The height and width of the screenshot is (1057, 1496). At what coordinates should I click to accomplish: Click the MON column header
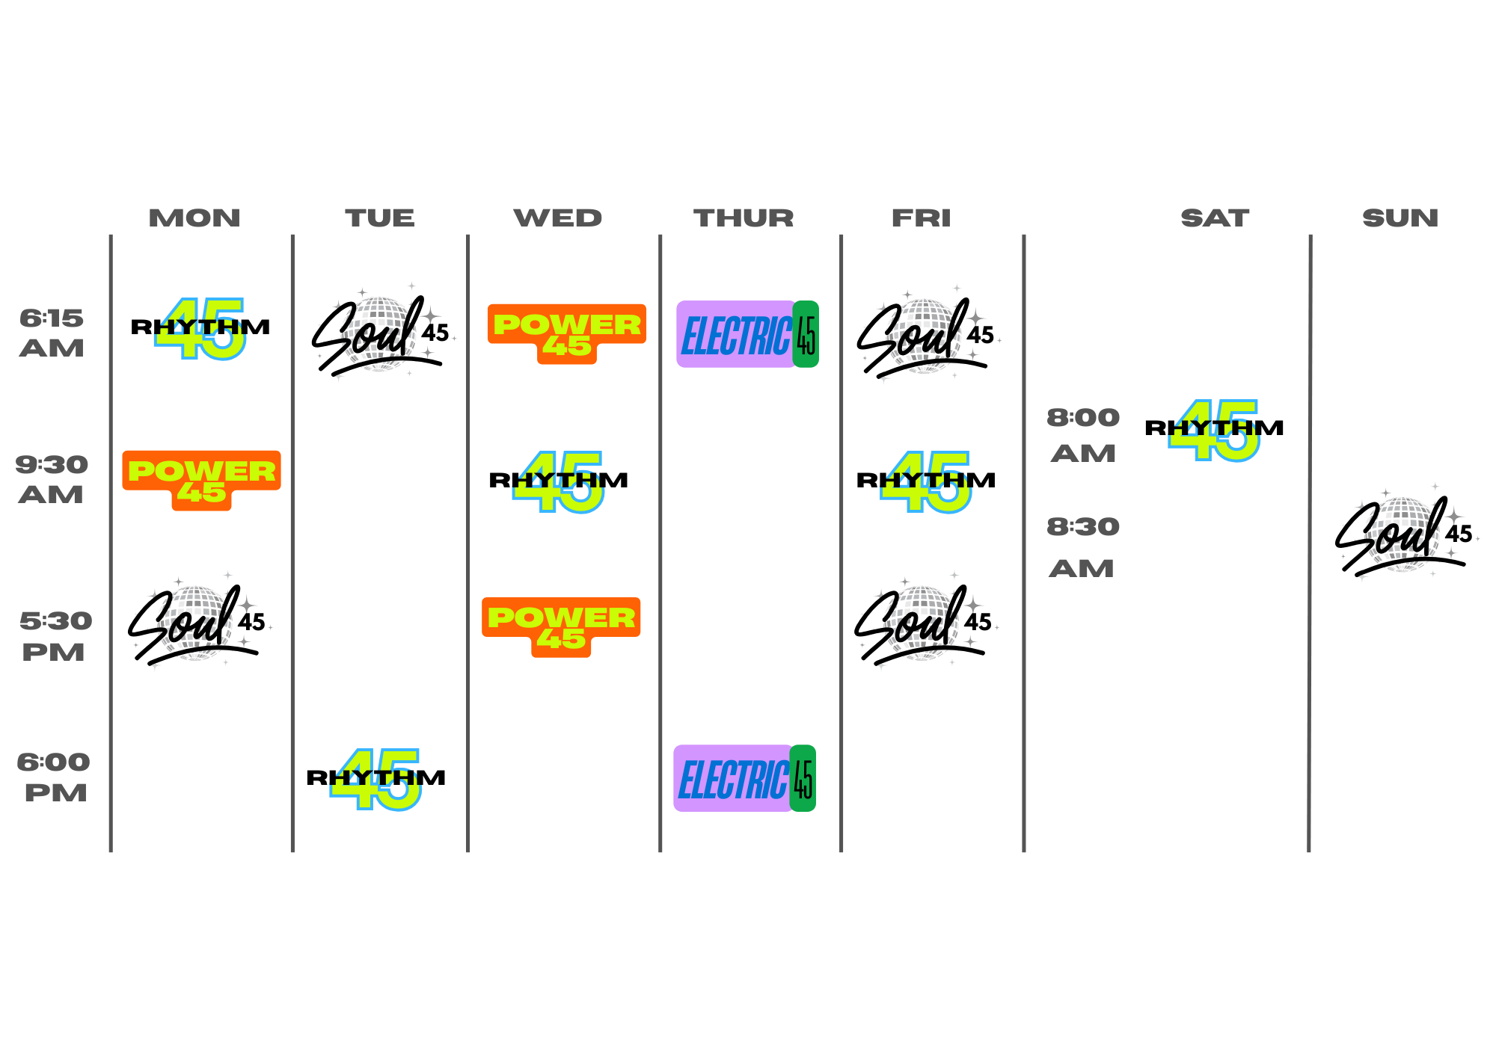(x=194, y=218)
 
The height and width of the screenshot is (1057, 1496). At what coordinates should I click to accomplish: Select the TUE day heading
(x=379, y=218)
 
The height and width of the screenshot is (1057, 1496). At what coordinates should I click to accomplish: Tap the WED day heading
(x=557, y=218)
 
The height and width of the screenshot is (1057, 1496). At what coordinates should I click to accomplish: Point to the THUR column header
(x=743, y=218)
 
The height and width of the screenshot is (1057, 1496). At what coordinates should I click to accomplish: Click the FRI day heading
(x=921, y=218)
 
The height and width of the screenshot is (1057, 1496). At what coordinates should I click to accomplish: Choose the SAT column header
(x=1215, y=218)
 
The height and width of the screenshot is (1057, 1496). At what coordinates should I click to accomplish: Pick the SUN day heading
(x=1400, y=218)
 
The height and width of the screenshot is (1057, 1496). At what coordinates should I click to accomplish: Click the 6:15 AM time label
(x=52, y=333)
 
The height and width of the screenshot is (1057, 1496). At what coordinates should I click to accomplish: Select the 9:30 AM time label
(x=52, y=479)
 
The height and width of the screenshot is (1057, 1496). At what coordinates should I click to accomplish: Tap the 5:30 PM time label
(x=55, y=635)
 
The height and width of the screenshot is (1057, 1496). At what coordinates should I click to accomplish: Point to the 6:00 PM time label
(x=54, y=777)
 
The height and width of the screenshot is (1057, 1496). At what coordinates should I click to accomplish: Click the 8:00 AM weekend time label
(x=1082, y=434)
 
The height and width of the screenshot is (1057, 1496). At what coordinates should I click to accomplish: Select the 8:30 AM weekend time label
(x=1082, y=546)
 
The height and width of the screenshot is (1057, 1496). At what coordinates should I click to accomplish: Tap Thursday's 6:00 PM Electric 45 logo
(x=744, y=778)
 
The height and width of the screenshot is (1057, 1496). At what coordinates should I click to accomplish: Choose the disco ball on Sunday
(x=1401, y=534)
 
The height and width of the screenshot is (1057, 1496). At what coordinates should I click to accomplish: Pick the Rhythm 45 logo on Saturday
(x=1214, y=431)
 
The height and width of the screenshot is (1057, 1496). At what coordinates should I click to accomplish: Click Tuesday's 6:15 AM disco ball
(x=378, y=334)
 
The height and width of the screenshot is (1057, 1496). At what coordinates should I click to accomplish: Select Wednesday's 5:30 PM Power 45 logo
(x=561, y=626)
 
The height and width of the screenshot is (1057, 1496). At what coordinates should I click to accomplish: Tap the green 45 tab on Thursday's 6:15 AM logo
(x=806, y=334)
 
